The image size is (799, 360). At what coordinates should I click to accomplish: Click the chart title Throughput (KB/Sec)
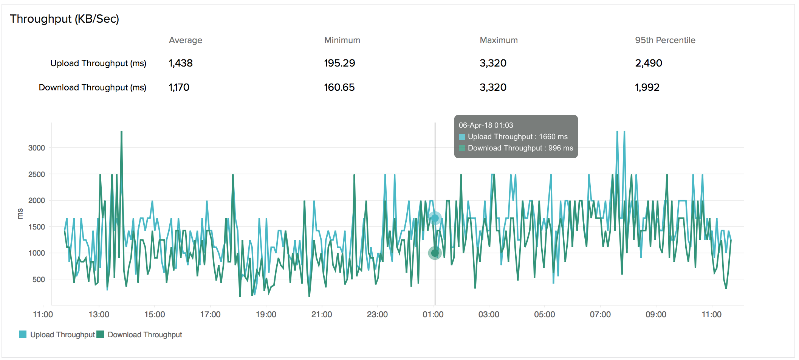click(64, 19)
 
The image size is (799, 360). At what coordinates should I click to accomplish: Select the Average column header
click(185, 40)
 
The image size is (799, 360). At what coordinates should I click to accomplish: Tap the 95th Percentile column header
click(665, 40)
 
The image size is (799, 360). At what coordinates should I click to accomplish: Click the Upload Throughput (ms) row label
click(98, 63)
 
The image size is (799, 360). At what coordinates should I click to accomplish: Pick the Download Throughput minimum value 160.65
click(339, 87)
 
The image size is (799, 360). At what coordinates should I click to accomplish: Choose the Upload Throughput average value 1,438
click(181, 63)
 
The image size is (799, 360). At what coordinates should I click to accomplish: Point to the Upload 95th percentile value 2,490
click(648, 63)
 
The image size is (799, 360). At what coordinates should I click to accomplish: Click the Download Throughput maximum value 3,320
click(493, 87)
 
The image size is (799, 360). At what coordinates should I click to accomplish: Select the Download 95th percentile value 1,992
click(647, 87)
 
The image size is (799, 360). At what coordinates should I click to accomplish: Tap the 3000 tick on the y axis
click(36, 148)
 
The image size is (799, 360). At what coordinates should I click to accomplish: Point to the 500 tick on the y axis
click(39, 279)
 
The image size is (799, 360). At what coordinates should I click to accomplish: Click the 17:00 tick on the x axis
click(210, 314)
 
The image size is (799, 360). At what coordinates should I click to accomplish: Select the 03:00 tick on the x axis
click(489, 314)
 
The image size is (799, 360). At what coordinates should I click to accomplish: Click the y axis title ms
click(20, 214)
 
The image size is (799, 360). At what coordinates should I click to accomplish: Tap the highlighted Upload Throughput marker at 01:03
click(435, 218)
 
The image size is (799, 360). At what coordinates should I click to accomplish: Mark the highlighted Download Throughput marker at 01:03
click(435, 253)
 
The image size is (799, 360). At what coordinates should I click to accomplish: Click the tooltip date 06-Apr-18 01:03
click(486, 125)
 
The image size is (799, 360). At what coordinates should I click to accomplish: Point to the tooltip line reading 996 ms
click(520, 148)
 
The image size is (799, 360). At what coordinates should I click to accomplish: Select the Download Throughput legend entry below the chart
click(140, 335)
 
